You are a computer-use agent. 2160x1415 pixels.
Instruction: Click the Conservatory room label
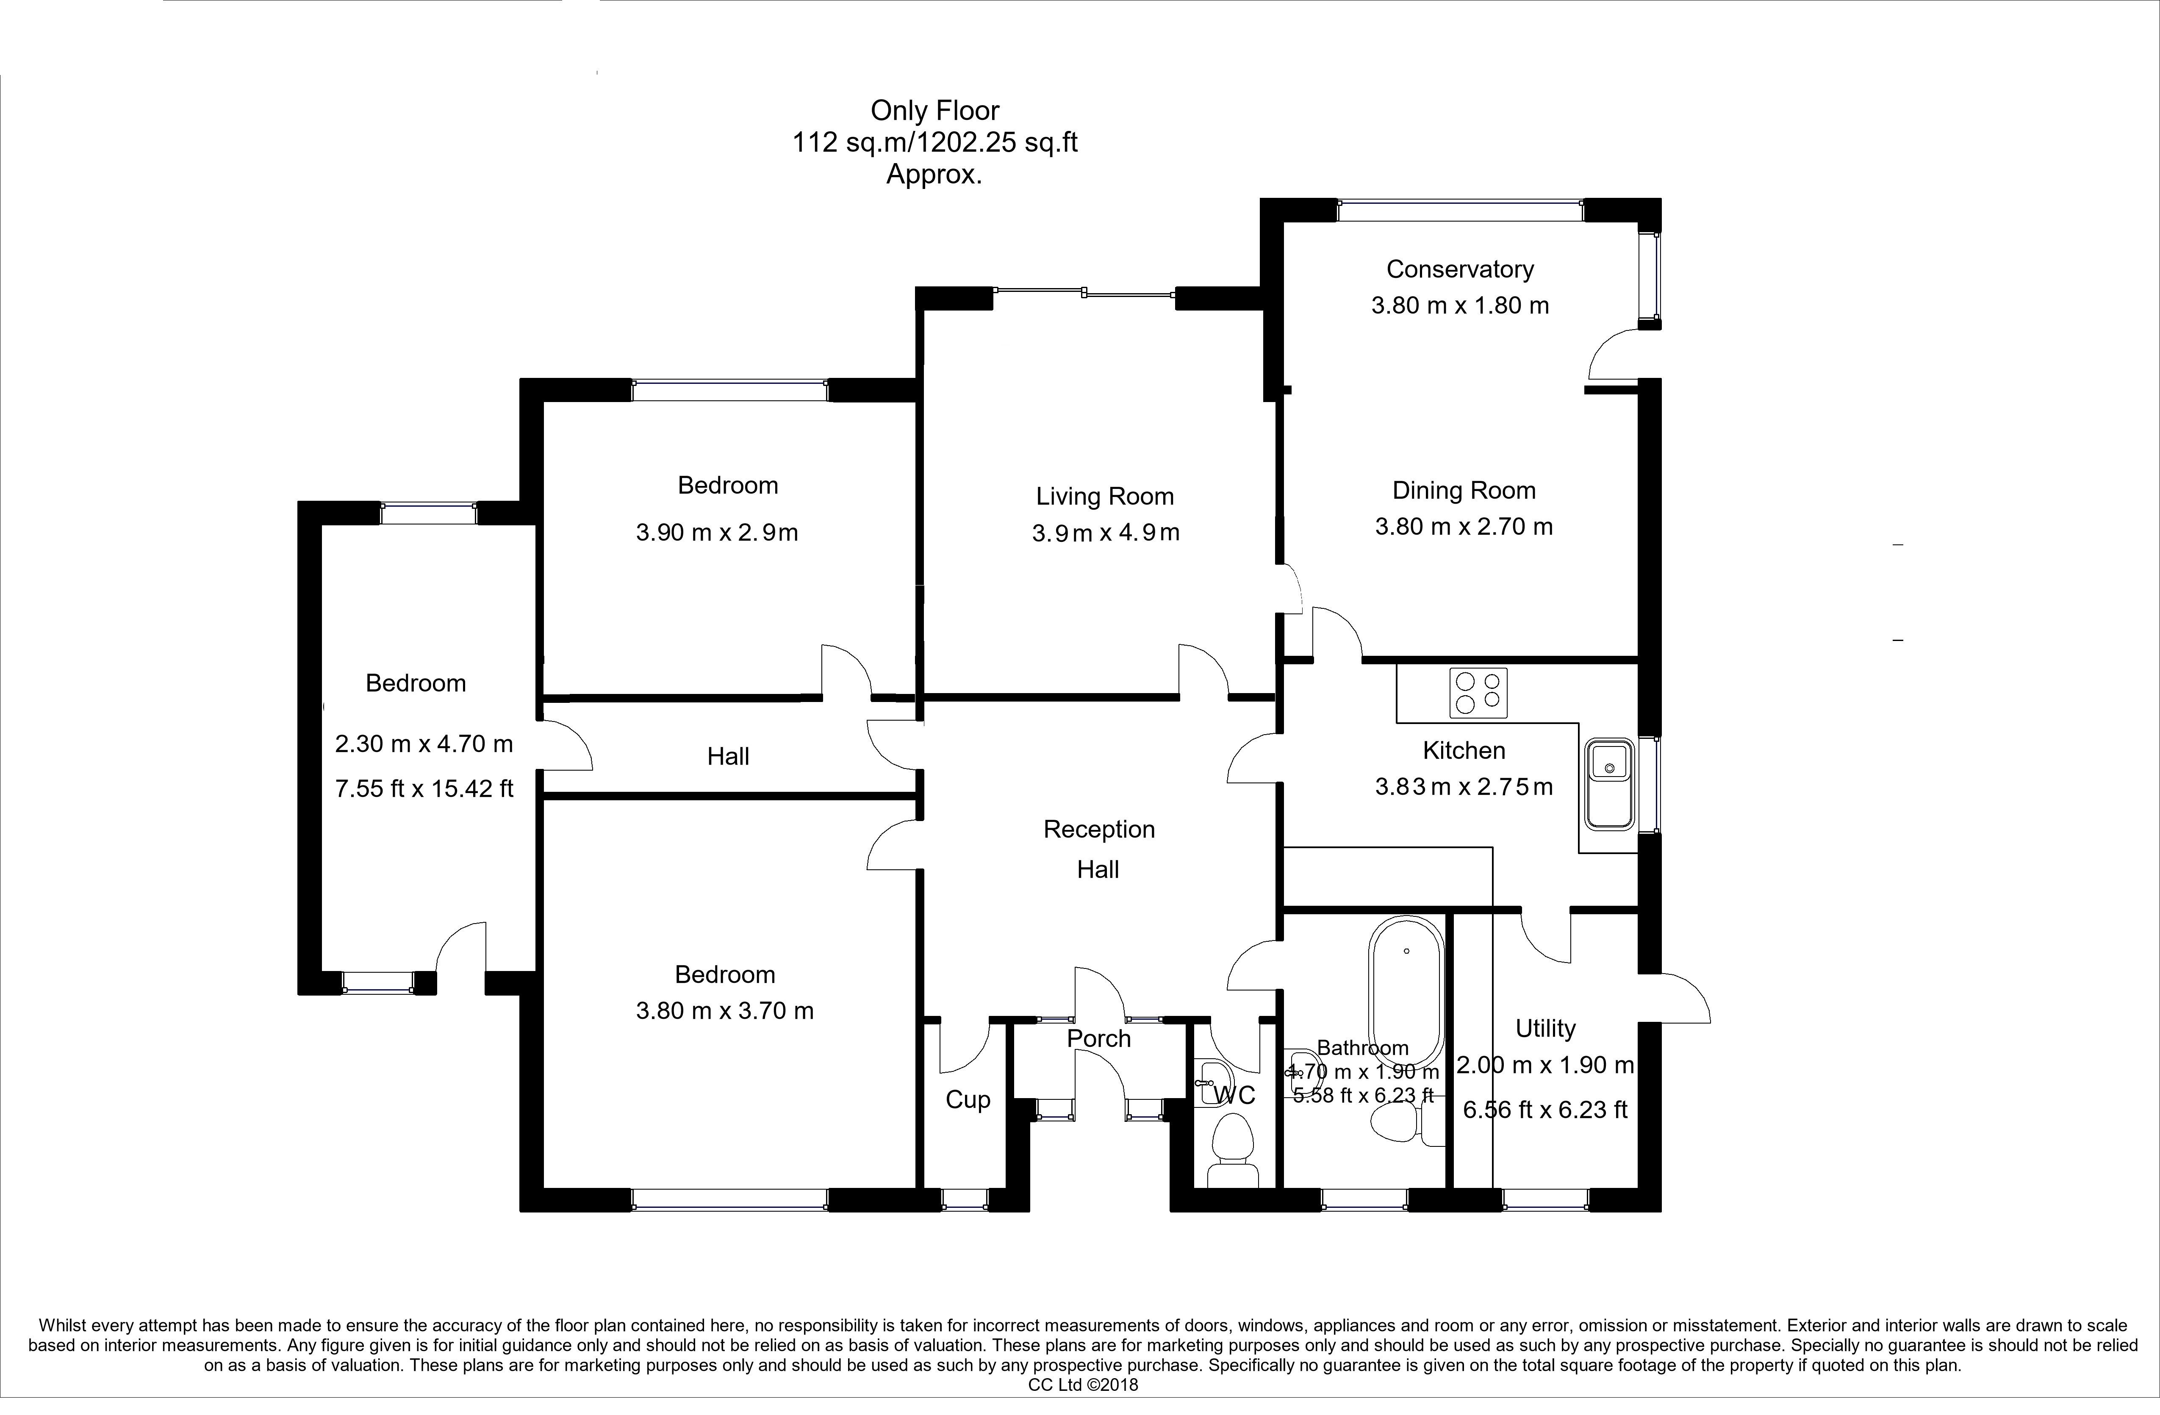1459,269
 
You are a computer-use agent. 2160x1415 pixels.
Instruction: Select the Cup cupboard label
968,1100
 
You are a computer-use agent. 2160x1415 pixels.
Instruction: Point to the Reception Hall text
1098,849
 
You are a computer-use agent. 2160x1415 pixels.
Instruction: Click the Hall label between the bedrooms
728,757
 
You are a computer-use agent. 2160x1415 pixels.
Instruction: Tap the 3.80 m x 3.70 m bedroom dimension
724,1011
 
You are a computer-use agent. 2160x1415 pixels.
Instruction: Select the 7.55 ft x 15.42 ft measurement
424,789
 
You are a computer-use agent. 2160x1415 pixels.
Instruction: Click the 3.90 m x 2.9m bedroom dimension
716,533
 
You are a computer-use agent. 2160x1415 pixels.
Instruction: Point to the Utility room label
1544,1028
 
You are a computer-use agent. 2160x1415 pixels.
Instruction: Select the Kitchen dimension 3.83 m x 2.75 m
1463,787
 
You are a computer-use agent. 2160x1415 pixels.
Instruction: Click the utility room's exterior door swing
1679,999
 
